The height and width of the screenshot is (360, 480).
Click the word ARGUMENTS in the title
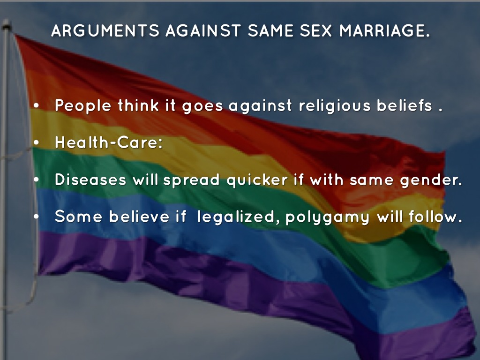click(x=105, y=30)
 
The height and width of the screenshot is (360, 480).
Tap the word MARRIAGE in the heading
click(x=384, y=30)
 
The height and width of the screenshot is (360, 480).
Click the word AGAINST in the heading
click(x=203, y=30)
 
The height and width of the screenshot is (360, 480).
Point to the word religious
click(x=335, y=106)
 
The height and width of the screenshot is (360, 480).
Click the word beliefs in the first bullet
click(x=404, y=105)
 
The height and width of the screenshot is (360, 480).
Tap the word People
click(x=83, y=106)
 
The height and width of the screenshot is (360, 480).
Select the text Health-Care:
click(x=109, y=142)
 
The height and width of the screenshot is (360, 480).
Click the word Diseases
click(x=90, y=180)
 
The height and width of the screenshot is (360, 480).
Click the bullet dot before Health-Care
click(x=37, y=142)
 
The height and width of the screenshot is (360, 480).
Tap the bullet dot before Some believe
click(x=37, y=217)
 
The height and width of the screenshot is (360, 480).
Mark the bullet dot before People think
click(x=37, y=105)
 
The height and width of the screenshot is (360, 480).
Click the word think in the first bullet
click(x=138, y=105)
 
